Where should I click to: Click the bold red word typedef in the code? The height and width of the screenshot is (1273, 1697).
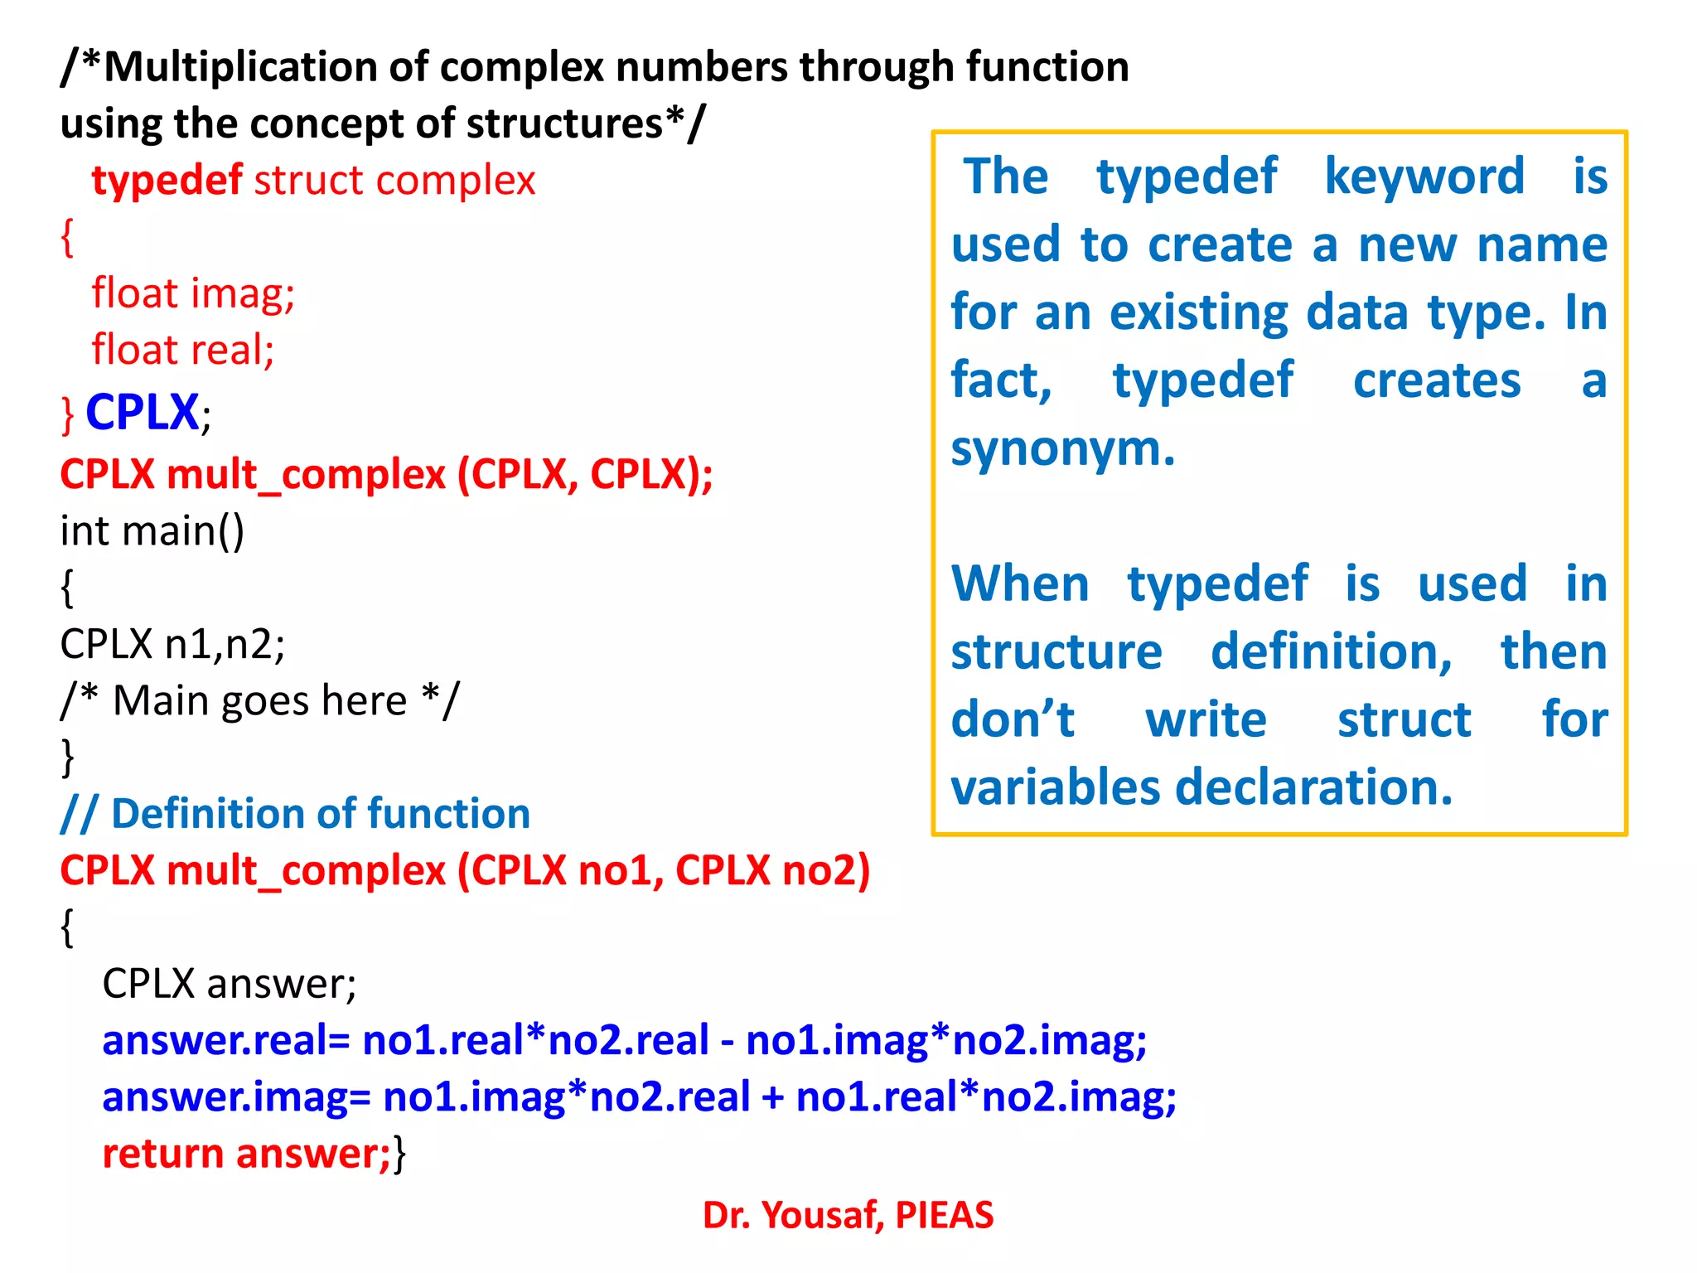click(167, 181)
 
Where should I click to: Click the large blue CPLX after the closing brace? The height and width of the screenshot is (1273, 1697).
click(142, 412)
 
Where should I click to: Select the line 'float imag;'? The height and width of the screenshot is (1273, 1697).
click(193, 293)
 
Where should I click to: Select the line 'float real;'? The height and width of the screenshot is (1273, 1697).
click(183, 350)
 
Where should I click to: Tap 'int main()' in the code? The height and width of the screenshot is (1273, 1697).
click(152, 531)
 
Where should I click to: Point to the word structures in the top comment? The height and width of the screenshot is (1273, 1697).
click(564, 123)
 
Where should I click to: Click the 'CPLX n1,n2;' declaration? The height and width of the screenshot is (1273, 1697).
click(172, 644)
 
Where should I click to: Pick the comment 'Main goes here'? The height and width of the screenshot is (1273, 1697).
click(259, 701)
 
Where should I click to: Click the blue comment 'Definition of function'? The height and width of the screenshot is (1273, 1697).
click(320, 814)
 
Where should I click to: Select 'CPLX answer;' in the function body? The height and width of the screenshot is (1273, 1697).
click(229, 984)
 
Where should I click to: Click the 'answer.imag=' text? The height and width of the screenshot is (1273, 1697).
click(235, 1097)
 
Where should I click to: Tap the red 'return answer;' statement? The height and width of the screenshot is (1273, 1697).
click(246, 1154)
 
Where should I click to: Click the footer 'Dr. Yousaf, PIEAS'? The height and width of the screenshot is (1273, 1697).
click(848, 1215)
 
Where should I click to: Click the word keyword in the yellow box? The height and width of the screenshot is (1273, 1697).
click(1424, 177)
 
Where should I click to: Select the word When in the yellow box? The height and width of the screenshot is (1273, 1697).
click(1020, 583)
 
